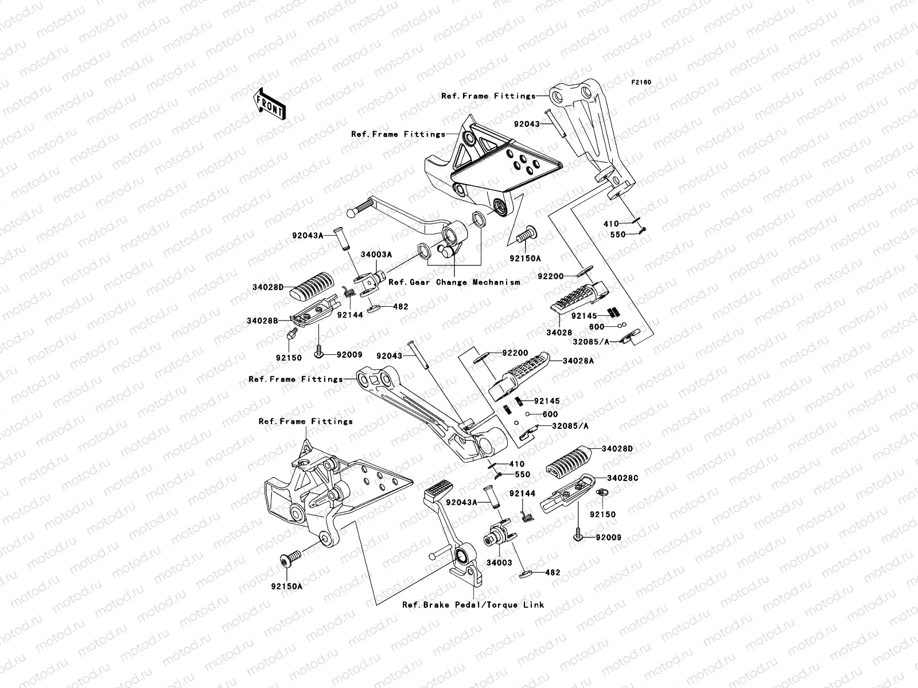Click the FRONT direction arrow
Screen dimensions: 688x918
(x=270, y=104)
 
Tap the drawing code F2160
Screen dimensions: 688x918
(x=641, y=83)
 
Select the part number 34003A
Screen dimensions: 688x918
(x=376, y=255)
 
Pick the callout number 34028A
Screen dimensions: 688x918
(x=578, y=361)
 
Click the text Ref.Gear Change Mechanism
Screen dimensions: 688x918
(x=454, y=282)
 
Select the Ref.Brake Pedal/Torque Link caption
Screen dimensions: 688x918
(x=473, y=604)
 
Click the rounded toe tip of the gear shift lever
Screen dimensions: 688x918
(x=355, y=210)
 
